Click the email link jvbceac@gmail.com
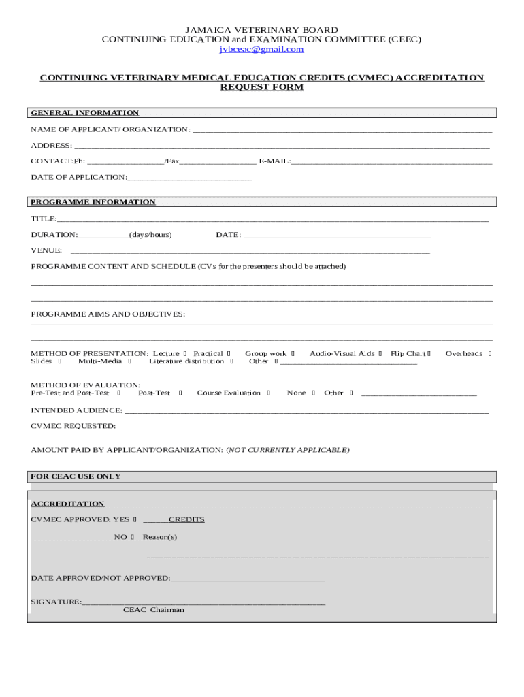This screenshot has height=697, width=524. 261,49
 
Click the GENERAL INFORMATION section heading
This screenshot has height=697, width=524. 85,113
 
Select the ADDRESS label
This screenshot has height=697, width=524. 51,146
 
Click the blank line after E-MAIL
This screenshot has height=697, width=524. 391,162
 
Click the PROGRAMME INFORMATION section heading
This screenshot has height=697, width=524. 93,202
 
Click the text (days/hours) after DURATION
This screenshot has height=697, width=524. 150,235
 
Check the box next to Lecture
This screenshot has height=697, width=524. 185,354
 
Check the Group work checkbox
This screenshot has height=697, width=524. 293,354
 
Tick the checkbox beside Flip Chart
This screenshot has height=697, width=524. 429,354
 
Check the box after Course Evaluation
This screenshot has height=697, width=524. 268,393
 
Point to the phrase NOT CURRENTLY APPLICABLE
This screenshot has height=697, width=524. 288,450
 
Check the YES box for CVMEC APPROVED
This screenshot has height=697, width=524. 135,519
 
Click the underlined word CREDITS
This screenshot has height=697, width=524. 186,519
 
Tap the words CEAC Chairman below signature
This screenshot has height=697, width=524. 153,610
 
